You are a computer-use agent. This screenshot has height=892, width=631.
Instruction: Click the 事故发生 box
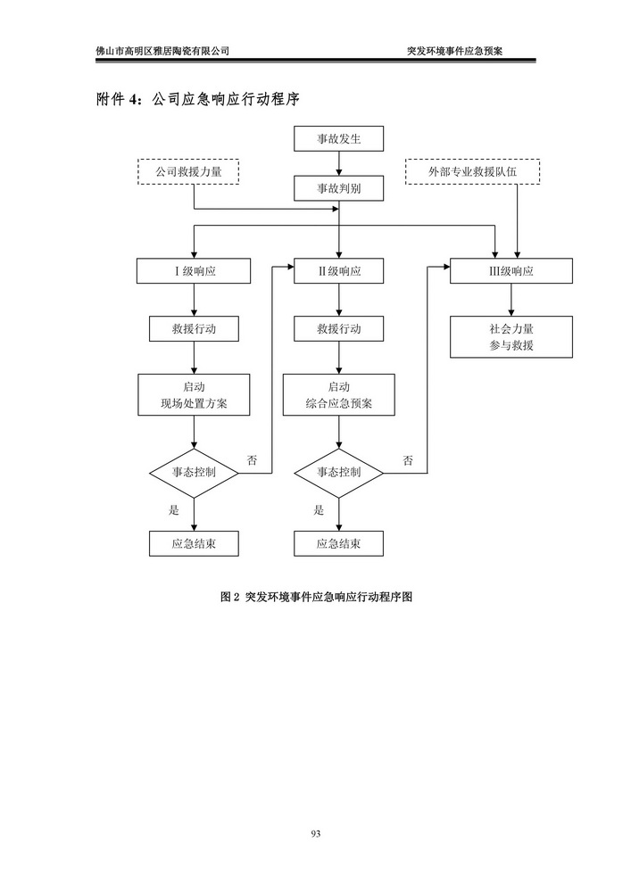pyautogui.click(x=338, y=139)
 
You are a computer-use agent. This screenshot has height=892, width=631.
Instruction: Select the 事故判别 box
pyautogui.click(x=338, y=189)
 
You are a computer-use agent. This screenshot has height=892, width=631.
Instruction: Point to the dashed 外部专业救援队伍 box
pyautogui.click(x=473, y=170)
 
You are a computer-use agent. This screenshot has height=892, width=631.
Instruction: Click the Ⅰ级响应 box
pyautogui.click(x=194, y=272)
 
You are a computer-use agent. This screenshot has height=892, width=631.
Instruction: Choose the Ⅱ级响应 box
pyautogui.click(x=338, y=272)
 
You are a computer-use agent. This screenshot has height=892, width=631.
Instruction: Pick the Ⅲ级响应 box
pyautogui.click(x=511, y=272)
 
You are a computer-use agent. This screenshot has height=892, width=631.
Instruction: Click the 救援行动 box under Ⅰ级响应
pyautogui.click(x=194, y=329)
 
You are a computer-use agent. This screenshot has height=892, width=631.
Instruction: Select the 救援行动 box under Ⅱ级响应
pyautogui.click(x=338, y=329)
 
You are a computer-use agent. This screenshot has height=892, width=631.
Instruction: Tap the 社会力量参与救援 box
pyautogui.click(x=511, y=336)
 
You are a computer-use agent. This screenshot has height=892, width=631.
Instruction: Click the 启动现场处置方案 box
pyautogui.click(x=194, y=395)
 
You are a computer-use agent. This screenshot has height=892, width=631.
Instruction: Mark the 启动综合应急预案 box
pyautogui.click(x=338, y=395)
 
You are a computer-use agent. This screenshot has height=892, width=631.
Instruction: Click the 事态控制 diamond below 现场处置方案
pyautogui.click(x=194, y=472)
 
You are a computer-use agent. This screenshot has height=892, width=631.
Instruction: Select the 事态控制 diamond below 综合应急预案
pyautogui.click(x=338, y=472)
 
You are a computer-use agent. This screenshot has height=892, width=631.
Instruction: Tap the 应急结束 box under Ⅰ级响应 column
pyautogui.click(x=194, y=543)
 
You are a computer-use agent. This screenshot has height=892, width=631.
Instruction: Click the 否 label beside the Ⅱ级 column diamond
pyautogui.click(x=408, y=460)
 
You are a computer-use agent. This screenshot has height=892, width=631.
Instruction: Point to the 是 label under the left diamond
pyautogui.click(x=174, y=510)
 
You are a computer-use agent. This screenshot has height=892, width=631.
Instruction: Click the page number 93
pyautogui.click(x=315, y=833)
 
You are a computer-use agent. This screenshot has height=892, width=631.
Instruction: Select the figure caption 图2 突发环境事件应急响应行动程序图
pyautogui.click(x=315, y=599)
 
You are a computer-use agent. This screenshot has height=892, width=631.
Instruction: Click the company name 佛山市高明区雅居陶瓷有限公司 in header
pyautogui.click(x=162, y=51)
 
